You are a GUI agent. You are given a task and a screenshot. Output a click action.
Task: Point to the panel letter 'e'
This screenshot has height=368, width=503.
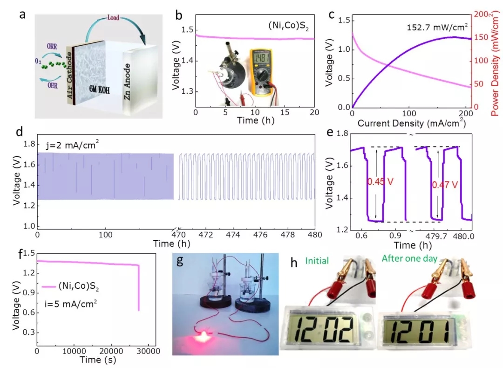coord(330,132)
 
